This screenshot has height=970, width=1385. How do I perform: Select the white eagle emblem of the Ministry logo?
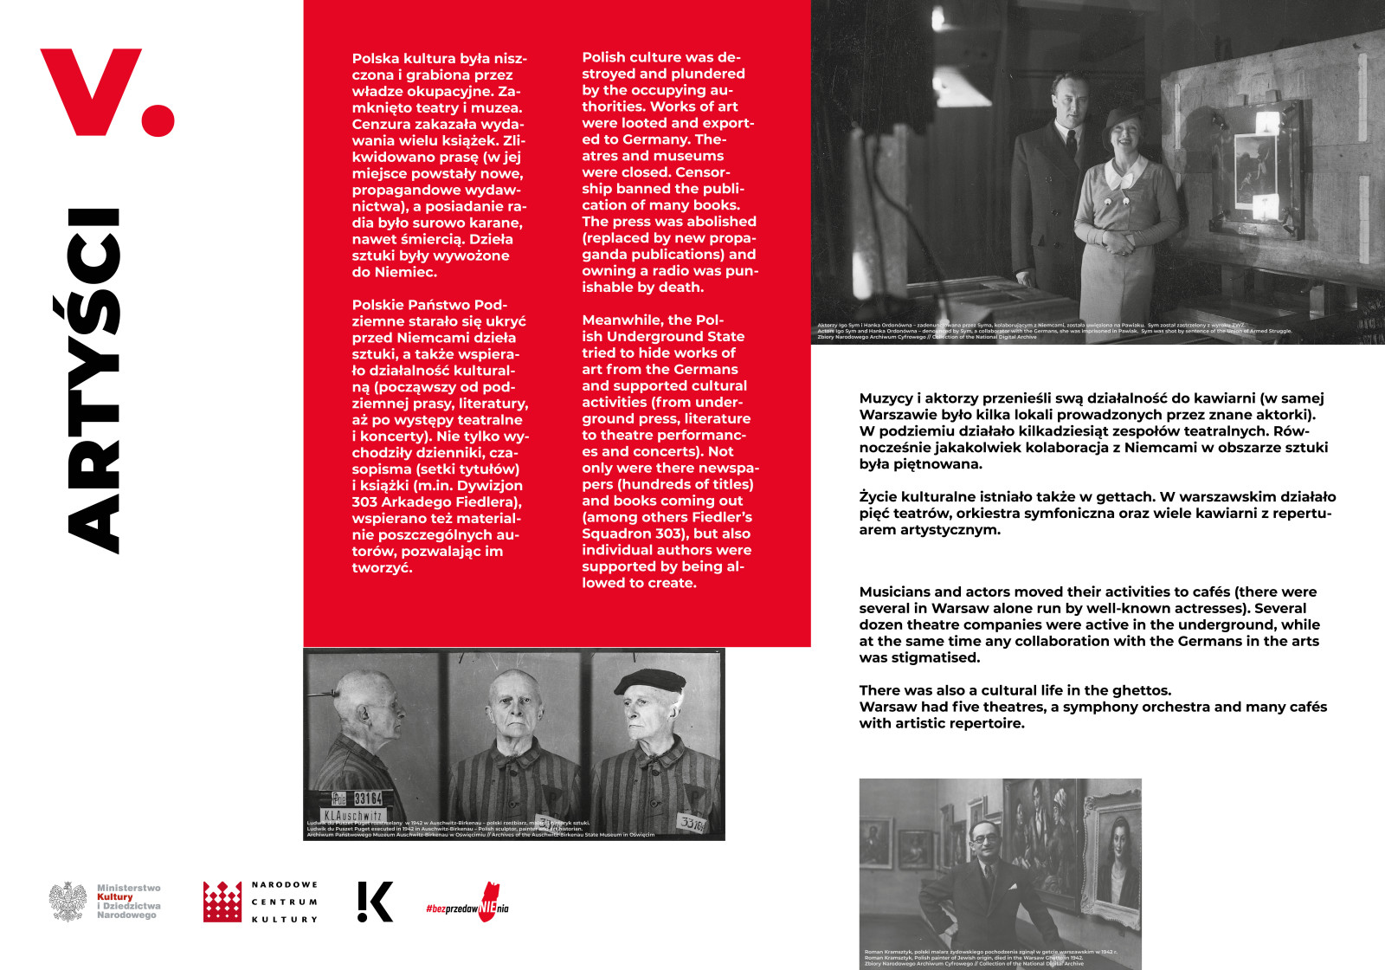point(68,902)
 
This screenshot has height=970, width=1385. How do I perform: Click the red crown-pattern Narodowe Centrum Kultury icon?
point(222,902)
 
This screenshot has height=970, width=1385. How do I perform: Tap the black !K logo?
point(375,902)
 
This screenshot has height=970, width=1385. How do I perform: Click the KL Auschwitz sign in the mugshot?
point(352,815)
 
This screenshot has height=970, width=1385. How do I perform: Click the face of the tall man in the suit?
point(1067,99)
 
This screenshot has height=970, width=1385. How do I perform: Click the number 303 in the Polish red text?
point(364,502)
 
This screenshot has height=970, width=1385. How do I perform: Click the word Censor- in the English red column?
point(702,172)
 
